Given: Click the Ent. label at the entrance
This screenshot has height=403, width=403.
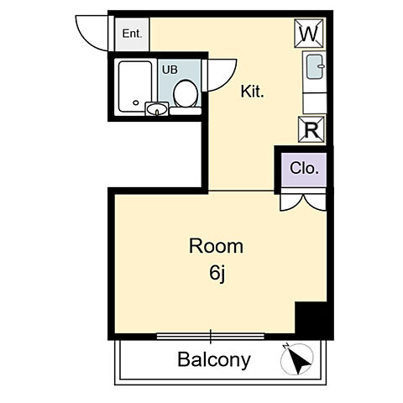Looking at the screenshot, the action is [x=132, y=34].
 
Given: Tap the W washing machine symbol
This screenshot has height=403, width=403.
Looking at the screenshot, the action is [x=309, y=33].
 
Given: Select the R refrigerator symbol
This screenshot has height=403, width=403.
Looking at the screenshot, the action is [x=311, y=129].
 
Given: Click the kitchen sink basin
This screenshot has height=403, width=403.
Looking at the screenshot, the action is [x=315, y=67].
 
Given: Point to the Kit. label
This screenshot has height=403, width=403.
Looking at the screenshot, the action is [x=253, y=92].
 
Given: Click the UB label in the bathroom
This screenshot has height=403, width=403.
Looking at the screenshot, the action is [x=170, y=70].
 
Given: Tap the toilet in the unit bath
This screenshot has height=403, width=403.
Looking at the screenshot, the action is [x=185, y=94].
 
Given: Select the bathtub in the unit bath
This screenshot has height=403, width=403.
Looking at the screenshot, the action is [x=135, y=86].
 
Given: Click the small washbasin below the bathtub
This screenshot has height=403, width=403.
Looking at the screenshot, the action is [x=157, y=109].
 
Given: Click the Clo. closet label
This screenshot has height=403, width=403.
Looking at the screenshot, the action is [x=304, y=168].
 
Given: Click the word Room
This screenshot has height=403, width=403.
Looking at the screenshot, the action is [x=216, y=246].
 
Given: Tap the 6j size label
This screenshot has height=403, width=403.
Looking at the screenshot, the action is [x=217, y=274].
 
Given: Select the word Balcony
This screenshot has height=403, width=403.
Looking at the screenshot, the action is [x=214, y=360].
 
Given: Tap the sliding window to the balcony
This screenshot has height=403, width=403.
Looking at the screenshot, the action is [x=211, y=336].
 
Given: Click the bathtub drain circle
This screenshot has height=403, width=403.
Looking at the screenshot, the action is [x=136, y=102].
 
